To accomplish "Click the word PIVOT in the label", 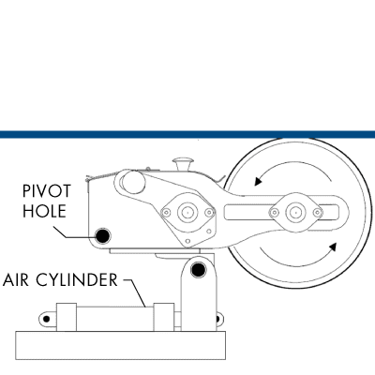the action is [x=47, y=191].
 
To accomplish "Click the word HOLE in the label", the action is [x=44, y=211].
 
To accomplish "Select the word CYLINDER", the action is [x=77, y=279].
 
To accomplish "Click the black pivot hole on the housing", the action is [x=103, y=236].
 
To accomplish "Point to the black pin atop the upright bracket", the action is [x=198, y=270].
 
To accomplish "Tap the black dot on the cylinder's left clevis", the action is [x=46, y=319].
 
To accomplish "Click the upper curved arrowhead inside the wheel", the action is [x=258, y=181].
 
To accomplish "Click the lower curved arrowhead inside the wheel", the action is [x=333, y=247].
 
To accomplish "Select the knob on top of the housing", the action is [x=183, y=164].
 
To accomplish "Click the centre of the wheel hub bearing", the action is [x=294, y=213].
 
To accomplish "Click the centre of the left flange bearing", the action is [x=187, y=213].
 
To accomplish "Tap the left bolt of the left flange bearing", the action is [x=166, y=213].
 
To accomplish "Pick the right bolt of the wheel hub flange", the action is [x=318, y=213].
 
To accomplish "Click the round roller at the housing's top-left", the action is [x=132, y=182].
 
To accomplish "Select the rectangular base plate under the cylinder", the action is [x=121, y=345].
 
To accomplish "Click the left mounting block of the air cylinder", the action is [x=67, y=317].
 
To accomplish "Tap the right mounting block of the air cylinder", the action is [x=164, y=317].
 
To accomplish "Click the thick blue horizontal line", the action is [x=187, y=135].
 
